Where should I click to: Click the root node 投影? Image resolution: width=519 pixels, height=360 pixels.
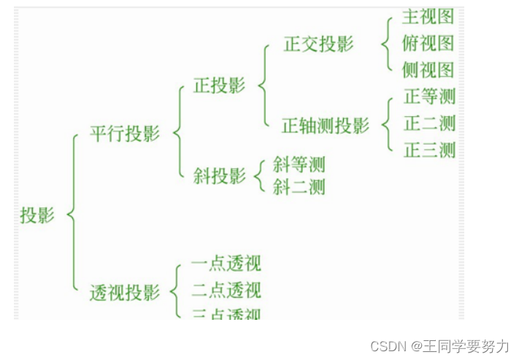[x=37, y=215]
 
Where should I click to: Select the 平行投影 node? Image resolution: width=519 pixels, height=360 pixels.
[x=124, y=134]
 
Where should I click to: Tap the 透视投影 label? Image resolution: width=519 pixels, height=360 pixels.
[x=124, y=293]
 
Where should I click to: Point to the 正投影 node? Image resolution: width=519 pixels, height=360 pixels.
[x=219, y=85]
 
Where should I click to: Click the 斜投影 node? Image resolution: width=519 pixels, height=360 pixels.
[x=219, y=176]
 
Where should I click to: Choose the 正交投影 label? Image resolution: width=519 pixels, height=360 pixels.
[x=318, y=44]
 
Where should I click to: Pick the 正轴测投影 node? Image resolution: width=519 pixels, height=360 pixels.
[x=326, y=126]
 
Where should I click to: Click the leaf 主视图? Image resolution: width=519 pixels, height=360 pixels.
[x=428, y=17]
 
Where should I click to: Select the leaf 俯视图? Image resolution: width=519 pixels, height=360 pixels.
[x=428, y=43]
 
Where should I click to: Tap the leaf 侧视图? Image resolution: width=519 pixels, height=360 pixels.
[x=428, y=70]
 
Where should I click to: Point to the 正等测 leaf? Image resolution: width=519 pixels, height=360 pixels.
[x=429, y=96]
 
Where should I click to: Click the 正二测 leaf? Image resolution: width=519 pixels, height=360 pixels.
[x=429, y=123]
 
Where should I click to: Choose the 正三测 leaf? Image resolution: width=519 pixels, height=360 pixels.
[x=429, y=150]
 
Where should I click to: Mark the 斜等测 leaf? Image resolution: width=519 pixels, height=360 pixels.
[x=299, y=164]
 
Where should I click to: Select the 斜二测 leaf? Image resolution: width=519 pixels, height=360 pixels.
[x=299, y=187]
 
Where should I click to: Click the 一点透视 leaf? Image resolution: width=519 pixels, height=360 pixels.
[x=226, y=264]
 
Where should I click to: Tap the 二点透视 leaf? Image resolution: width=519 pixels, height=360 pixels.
[x=226, y=290]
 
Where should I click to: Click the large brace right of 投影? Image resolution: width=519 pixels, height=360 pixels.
[x=72, y=213]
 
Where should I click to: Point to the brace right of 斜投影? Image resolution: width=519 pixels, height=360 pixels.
[x=259, y=175]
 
